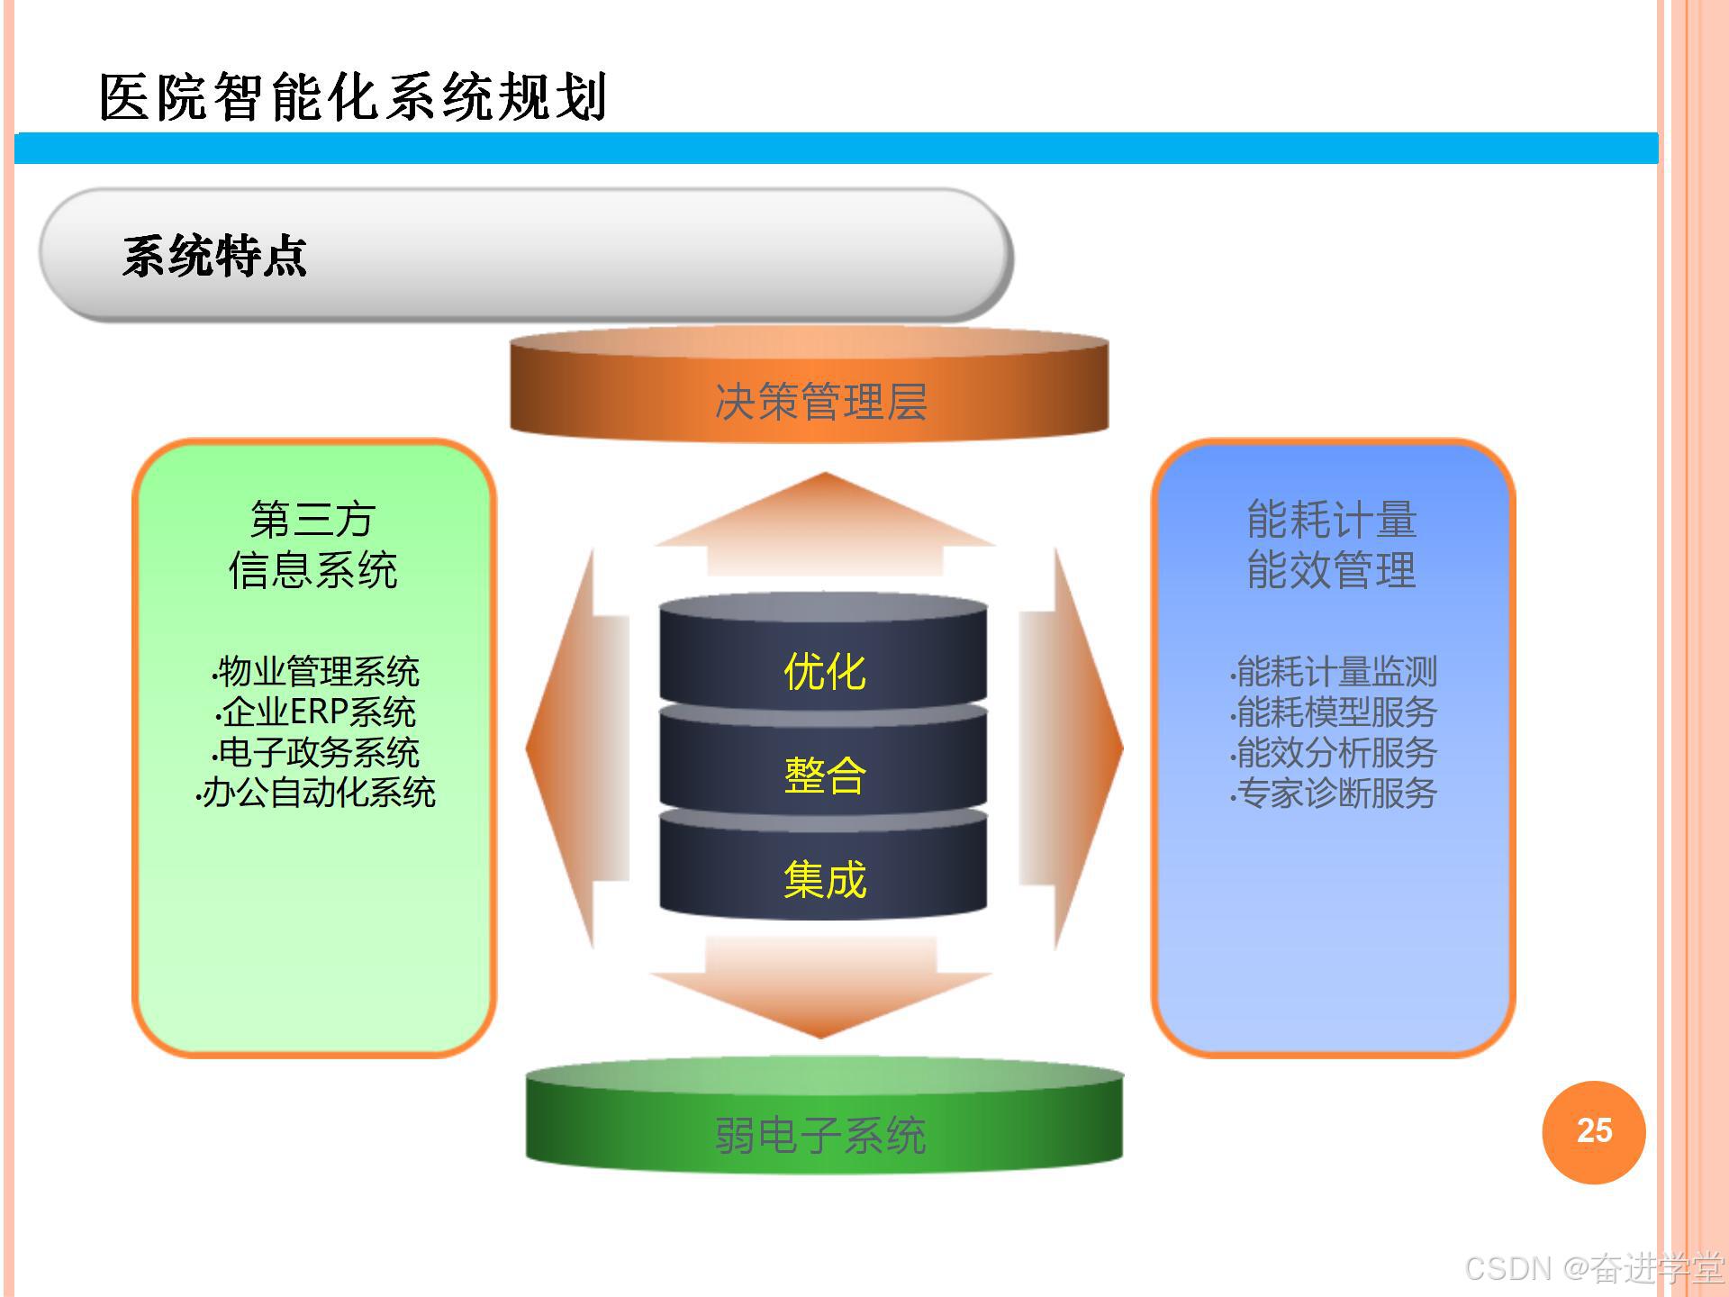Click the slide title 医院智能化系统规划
[353, 97]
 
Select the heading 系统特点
[215, 257]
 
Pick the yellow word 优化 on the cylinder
[824, 672]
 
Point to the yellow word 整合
[824, 775]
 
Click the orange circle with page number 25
[1593, 1131]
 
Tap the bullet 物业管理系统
[318, 672]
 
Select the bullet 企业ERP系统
[318, 712]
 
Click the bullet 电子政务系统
[318, 753]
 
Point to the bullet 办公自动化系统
[318, 794]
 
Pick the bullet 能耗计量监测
[1335, 672]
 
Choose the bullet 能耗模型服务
[1335, 712]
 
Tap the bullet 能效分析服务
[1335, 753]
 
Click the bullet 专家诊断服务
[1335, 794]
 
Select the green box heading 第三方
[312, 520]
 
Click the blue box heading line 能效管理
[1331, 570]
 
